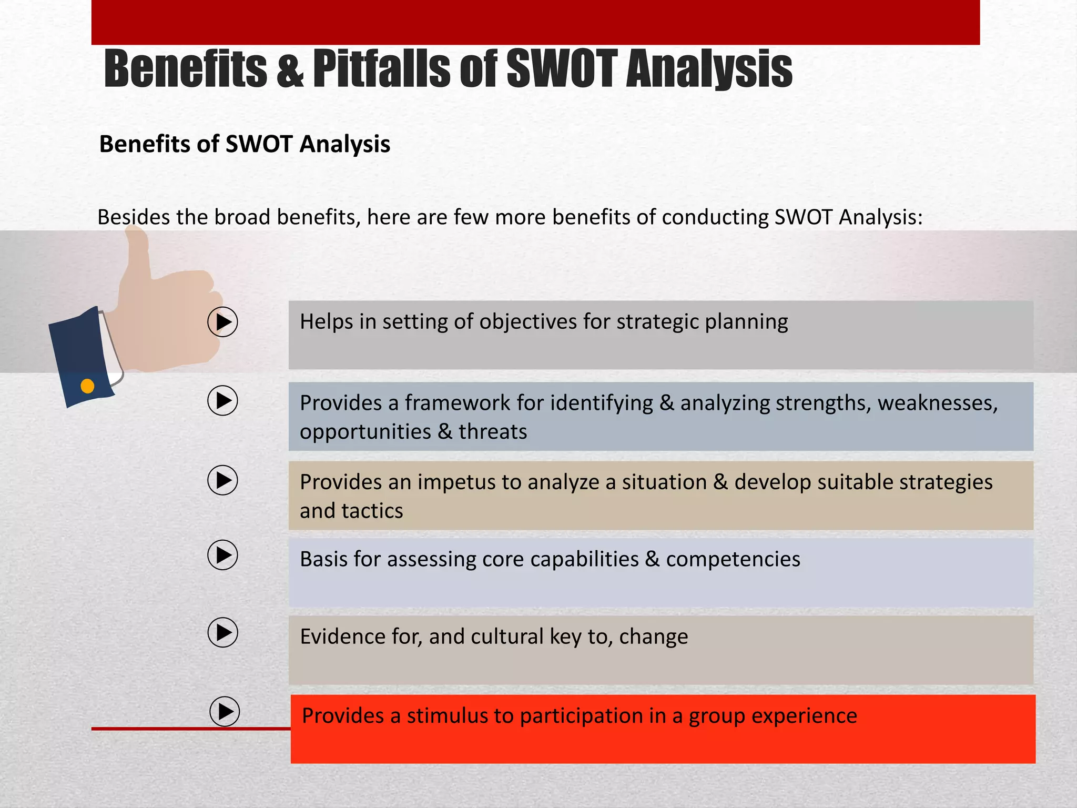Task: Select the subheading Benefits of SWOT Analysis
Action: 245,144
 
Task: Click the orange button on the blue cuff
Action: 87,386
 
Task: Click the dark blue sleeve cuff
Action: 82,358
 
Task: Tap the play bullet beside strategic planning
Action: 222,322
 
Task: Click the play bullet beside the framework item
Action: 222,401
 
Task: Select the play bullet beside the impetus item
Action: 222,480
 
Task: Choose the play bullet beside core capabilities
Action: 222,555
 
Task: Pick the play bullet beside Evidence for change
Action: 222,632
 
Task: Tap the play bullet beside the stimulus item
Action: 225,712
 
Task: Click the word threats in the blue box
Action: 493,432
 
